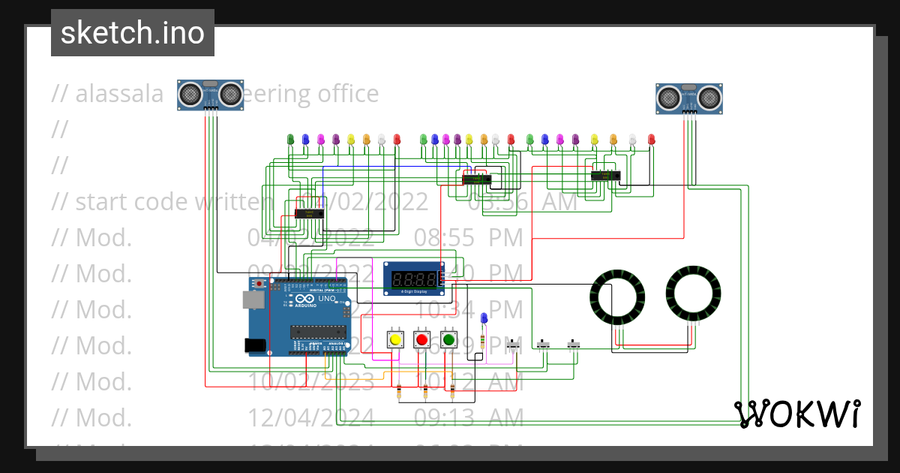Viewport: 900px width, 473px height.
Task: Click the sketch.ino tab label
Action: pos(133,33)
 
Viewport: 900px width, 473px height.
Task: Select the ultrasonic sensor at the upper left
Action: pos(211,95)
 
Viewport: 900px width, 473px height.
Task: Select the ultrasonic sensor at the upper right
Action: pos(689,98)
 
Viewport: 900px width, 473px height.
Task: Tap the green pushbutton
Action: pos(448,340)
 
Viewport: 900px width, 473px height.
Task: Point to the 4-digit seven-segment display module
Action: pos(414,278)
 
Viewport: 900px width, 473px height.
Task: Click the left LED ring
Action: pos(617,295)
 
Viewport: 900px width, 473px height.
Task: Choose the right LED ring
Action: pos(694,293)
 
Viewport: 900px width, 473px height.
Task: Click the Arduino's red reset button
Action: pos(259,285)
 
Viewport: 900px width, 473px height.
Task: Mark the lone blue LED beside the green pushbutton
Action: pos(484,318)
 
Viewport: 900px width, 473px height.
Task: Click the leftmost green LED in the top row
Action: pos(291,139)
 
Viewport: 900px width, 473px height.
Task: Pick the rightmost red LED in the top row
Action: pos(651,139)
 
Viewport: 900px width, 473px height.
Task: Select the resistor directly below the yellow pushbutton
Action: pos(398,390)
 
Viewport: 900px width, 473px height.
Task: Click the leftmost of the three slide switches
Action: pos(514,345)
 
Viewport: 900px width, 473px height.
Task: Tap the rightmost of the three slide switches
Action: pos(574,345)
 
